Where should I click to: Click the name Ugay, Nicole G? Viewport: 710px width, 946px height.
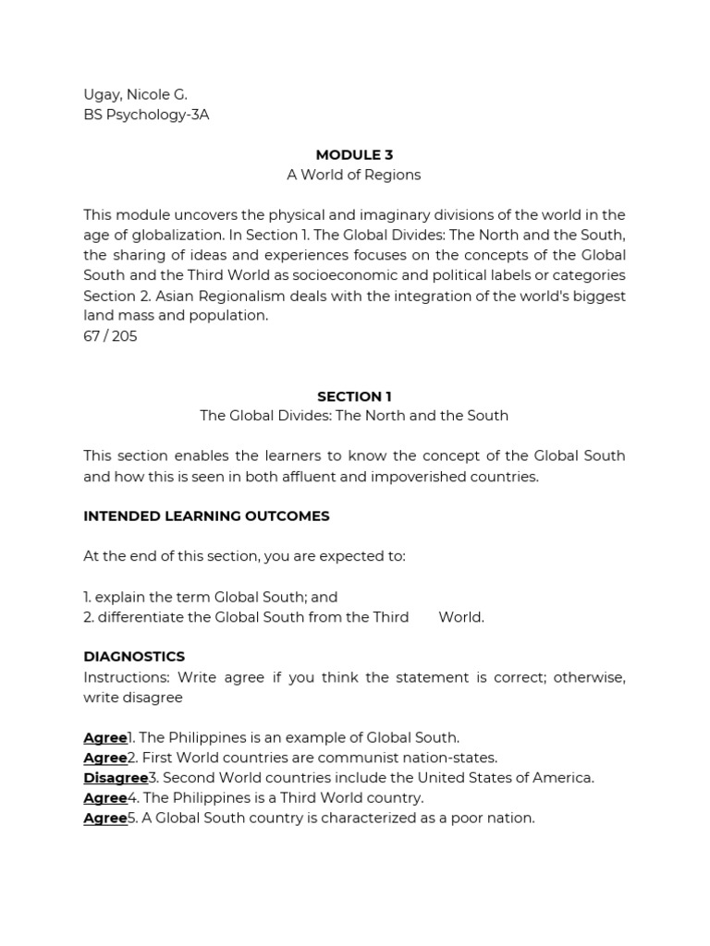pyautogui.click(x=135, y=95)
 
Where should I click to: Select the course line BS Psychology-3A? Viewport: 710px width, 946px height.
pyautogui.click(x=146, y=115)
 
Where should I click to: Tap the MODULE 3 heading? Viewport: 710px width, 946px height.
pyautogui.click(x=354, y=155)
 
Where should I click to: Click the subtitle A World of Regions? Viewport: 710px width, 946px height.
pyautogui.click(x=354, y=175)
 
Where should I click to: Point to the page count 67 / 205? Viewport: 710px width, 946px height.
pyautogui.click(x=110, y=336)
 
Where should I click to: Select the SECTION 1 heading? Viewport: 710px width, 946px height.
pyautogui.click(x=354, y=396)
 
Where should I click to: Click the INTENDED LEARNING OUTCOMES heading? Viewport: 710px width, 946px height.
pyautogui.click(x=206, y=516)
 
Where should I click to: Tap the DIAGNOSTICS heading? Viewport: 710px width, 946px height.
pyautogui.click(x=134, y=657)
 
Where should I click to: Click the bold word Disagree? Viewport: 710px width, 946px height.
pyautogui.click(x=116, y=778)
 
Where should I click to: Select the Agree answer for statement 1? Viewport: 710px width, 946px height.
pyautogui.click(x=104, y=737)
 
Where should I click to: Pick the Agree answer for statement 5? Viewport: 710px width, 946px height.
pyautogui.click(x=104, y=819)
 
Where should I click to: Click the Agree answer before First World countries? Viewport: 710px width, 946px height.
pyautogui.click(x=104, y=758)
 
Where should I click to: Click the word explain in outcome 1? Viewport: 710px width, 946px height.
pyautogui.click(x=120, y=597)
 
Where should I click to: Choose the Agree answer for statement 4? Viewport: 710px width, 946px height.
pyautogui.click(x=104, y=798)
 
